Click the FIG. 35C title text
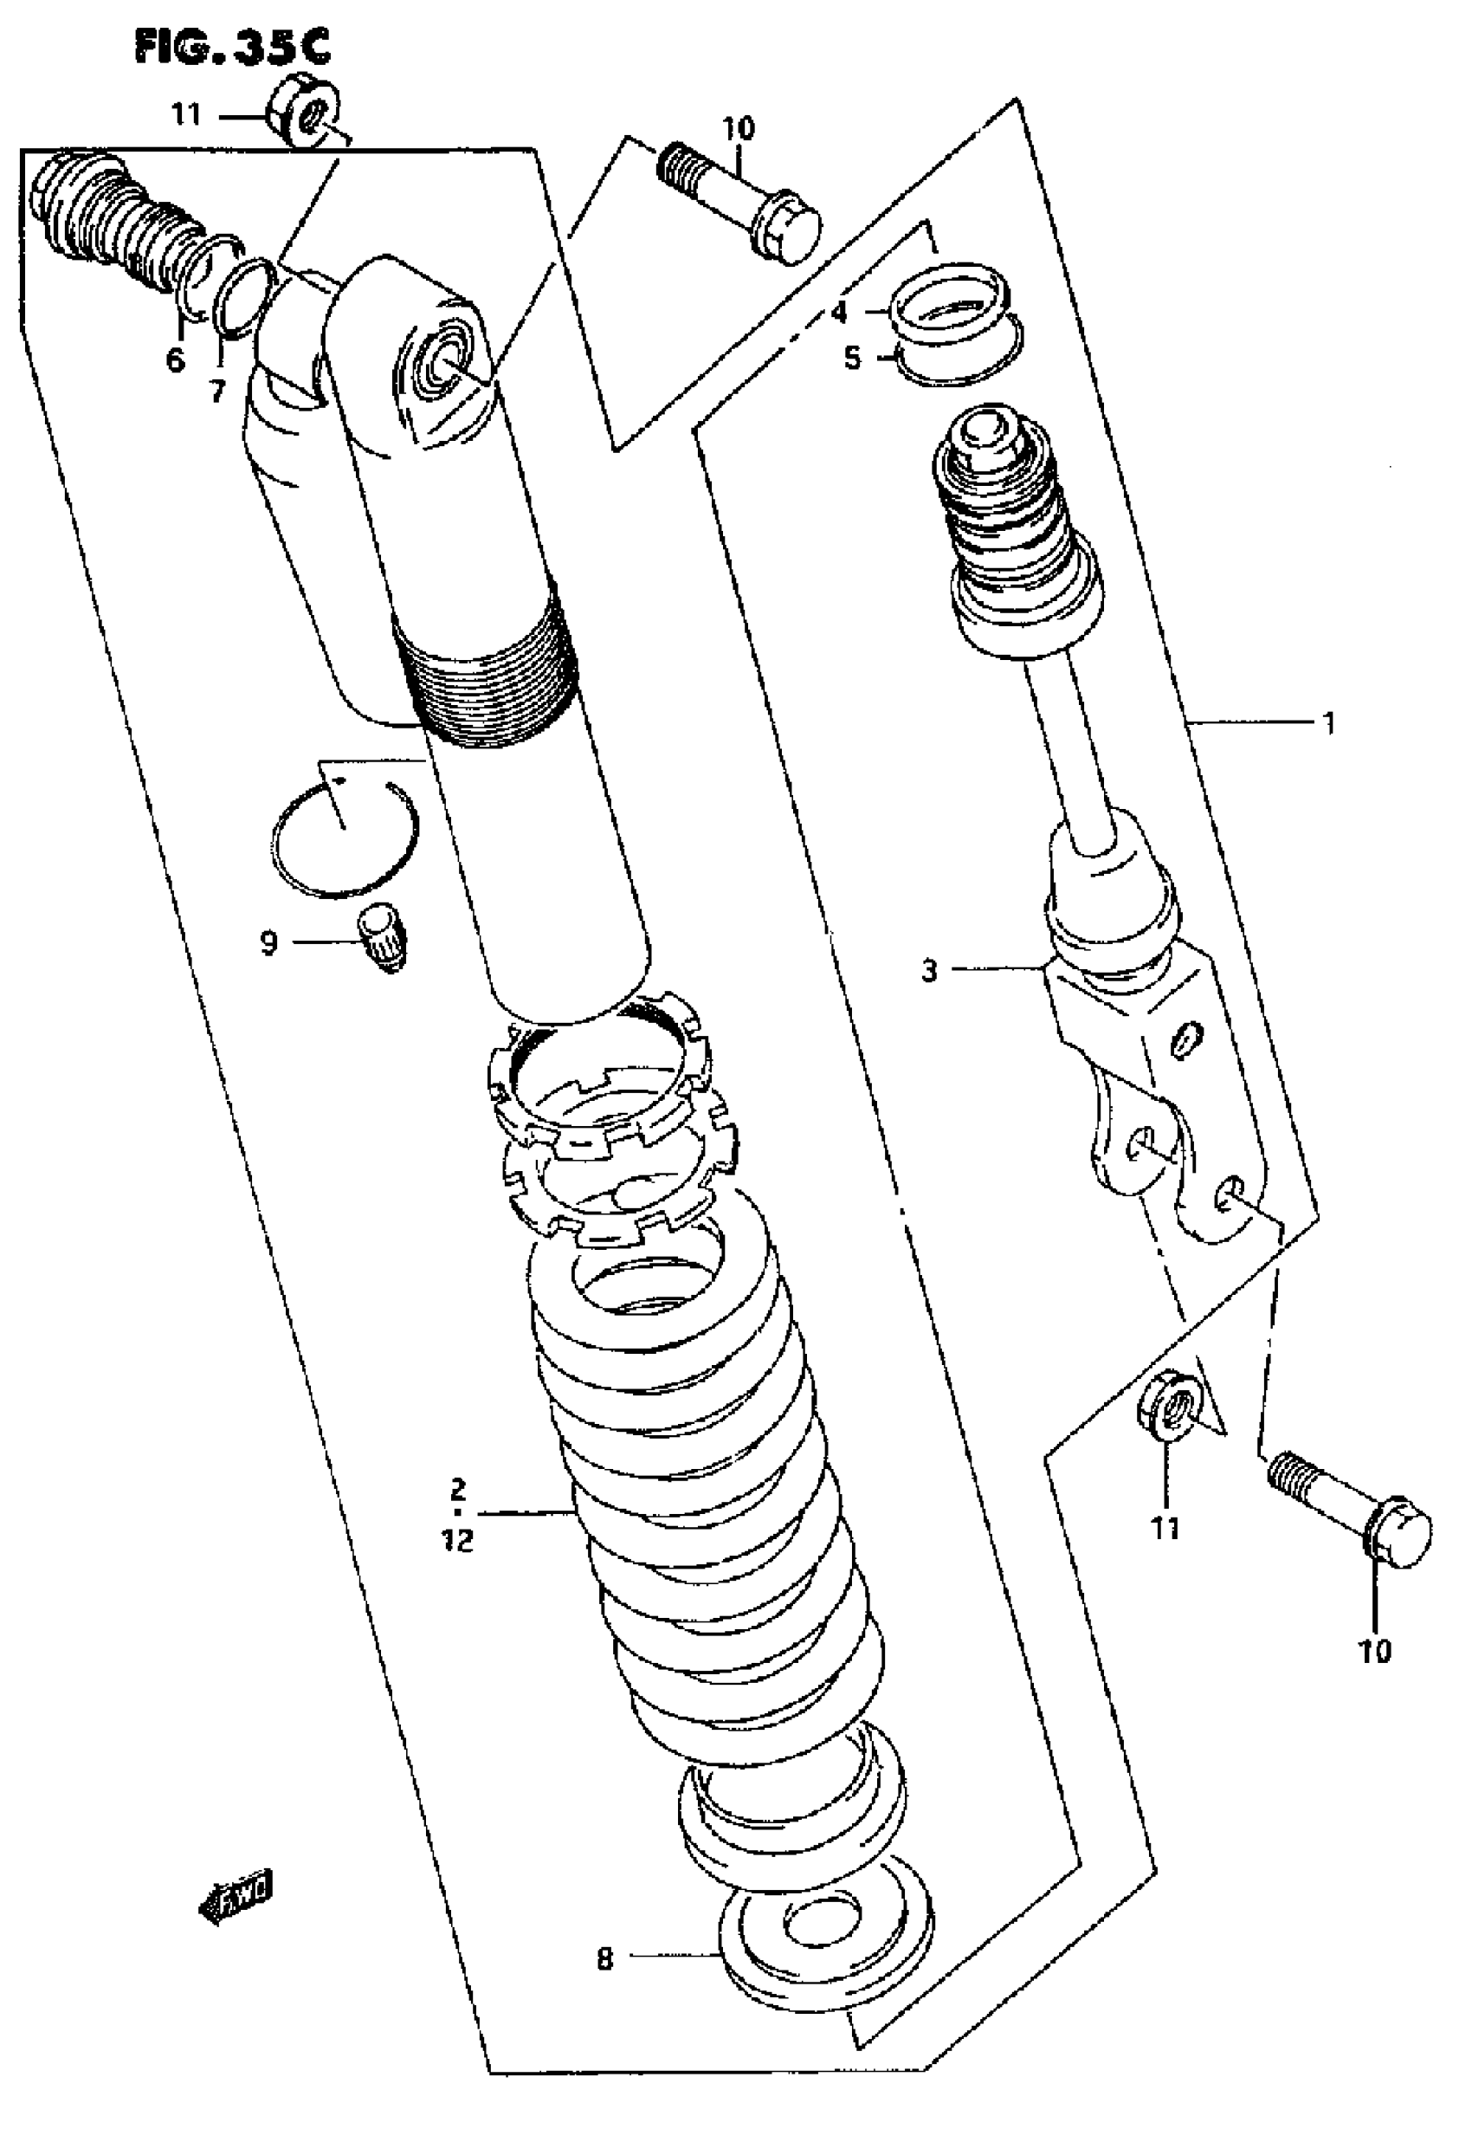[x=231, y=46]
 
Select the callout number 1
[x=1329, y=724]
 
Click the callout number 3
[x=930, y=970]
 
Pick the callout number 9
[x=268, y=943]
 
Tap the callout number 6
[x=175, y=359]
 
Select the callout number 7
[x=216, y=392]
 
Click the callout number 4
[x=838, y=313]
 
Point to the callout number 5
[x=852, y=358]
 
